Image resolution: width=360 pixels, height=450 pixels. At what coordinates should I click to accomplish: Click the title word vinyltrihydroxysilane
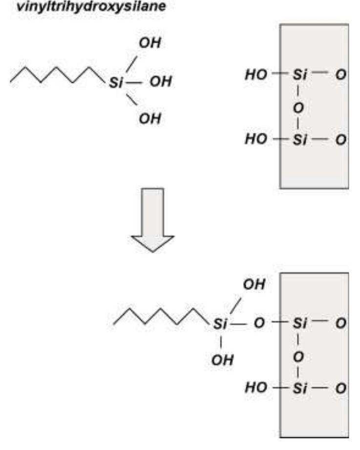(91, 7)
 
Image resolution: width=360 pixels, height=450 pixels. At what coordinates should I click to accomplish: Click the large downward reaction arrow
(152, 220)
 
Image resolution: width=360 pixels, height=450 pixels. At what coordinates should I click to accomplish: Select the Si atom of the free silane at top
(116, 83)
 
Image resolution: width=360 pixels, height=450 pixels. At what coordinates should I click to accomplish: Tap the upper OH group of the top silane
(150, 43)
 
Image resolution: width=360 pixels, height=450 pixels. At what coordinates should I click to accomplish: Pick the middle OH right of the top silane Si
(161, 82)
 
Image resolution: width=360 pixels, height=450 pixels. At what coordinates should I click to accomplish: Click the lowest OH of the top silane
(150, 119)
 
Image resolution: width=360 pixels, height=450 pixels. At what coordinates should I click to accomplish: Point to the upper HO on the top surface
(256, 75)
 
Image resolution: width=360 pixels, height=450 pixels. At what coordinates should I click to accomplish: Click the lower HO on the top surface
(256, 139)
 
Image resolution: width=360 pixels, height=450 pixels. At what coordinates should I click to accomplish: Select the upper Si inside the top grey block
(300, 75)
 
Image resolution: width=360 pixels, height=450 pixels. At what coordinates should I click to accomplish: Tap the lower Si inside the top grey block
(300, 140)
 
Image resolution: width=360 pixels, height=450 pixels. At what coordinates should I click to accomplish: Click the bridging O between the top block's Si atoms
(298, 108)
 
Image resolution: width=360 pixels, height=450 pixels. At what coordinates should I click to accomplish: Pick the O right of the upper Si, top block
(341, 75)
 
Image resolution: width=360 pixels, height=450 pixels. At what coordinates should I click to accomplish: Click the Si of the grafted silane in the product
(220, 324)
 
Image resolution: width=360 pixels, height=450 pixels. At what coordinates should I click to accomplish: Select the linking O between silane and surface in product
(259, 323)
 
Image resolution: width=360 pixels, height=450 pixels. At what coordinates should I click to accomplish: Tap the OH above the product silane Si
(254, 284)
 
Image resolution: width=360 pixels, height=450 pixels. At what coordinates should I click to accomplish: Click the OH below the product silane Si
(222, 360)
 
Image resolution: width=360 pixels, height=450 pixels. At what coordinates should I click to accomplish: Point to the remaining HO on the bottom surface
(256, 388)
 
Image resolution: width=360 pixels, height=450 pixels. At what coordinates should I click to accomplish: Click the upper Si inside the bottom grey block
(300, 323)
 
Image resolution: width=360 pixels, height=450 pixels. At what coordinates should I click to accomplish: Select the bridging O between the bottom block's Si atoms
(298, 357)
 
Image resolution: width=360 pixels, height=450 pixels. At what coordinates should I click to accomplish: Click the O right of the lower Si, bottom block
(341, 388)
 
